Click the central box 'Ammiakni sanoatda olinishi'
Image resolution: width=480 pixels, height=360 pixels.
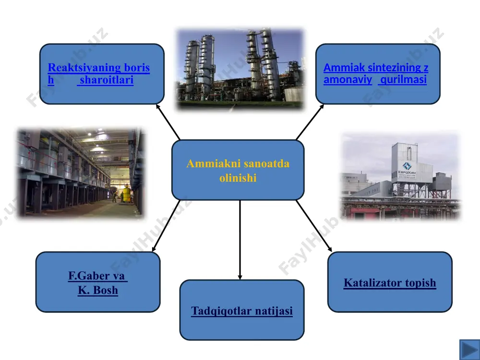click(238, 170)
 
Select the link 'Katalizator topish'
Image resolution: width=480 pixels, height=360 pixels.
click(390, 283)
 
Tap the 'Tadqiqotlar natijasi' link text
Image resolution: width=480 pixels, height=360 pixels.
click(242, 311)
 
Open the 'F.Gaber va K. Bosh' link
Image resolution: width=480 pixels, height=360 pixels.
click(97, 283)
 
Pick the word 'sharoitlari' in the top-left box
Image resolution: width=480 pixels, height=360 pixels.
click(107, 80)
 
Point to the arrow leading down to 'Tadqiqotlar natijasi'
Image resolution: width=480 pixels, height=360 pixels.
click(240, 240)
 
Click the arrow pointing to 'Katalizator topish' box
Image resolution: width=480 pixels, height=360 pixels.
click(314, 226)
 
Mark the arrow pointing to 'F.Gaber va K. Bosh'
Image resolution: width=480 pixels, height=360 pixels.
click(166, 226)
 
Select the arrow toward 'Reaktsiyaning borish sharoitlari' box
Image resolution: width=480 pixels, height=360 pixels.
click(168, 122)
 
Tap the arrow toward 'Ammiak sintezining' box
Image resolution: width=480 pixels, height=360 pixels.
click(310, 122)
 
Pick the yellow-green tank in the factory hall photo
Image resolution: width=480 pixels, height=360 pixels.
click(126, 194)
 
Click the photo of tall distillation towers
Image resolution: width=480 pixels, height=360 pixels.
click(240, 69)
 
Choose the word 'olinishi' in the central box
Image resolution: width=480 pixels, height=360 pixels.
click(238, 178)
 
